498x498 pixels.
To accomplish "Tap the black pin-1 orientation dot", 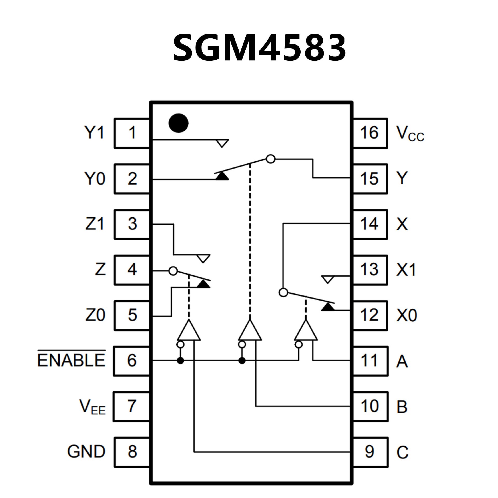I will pos(178,123).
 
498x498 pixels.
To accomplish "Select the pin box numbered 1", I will pos(132,133).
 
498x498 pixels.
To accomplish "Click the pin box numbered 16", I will pos(370,133).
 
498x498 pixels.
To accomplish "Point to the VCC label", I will pos(410,134).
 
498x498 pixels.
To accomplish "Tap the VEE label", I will pos(92,406).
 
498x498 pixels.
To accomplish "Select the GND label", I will pos(86,452).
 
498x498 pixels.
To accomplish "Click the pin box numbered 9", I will pos(370,452).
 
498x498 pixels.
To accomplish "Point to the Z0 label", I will pos(95,315).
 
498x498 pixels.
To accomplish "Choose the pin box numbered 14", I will pos(370,224).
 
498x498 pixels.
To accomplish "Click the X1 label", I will pos(406,270).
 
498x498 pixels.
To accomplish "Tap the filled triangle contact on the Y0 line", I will pos(222,176).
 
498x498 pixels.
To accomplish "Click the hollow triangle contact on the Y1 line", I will pos(222,143).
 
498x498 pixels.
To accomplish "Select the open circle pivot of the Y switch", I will pos(271,159).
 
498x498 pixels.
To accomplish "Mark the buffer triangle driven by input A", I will pos(306,331).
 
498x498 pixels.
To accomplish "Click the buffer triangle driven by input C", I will pos(189,331).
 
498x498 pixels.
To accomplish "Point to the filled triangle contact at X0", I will pos(328,307).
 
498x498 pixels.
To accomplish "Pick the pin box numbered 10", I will pos(370,406).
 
